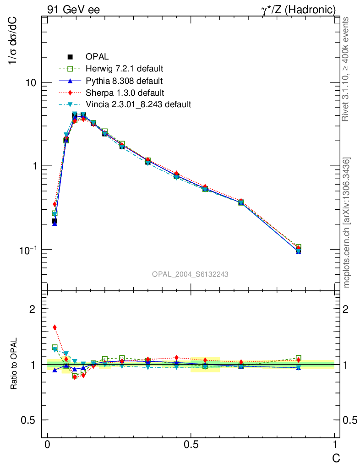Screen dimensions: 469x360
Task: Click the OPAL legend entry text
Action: tap(97, 57)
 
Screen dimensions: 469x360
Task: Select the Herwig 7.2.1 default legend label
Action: tap(125, 69)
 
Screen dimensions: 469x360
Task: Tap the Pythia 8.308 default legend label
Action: tap(124, 81)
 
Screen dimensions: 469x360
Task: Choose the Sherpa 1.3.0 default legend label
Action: tap(125, 93)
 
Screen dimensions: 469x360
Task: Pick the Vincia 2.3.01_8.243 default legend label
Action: tap(138, 104)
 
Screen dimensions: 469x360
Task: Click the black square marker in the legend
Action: tap(70, 57)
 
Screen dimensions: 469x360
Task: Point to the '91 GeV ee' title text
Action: tap(73, 9)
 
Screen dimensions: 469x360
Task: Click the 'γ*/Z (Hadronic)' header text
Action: tap(301, 9)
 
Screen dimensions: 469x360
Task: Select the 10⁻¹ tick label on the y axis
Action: tap(28, 250)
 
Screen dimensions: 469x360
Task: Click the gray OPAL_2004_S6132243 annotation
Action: tap(190, 274)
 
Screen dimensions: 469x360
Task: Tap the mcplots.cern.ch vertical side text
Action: tap(347, 223)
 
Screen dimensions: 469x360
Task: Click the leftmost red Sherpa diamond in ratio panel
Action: tap(55, 327)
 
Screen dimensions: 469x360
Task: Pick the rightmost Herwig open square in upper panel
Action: tap(299, 247)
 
